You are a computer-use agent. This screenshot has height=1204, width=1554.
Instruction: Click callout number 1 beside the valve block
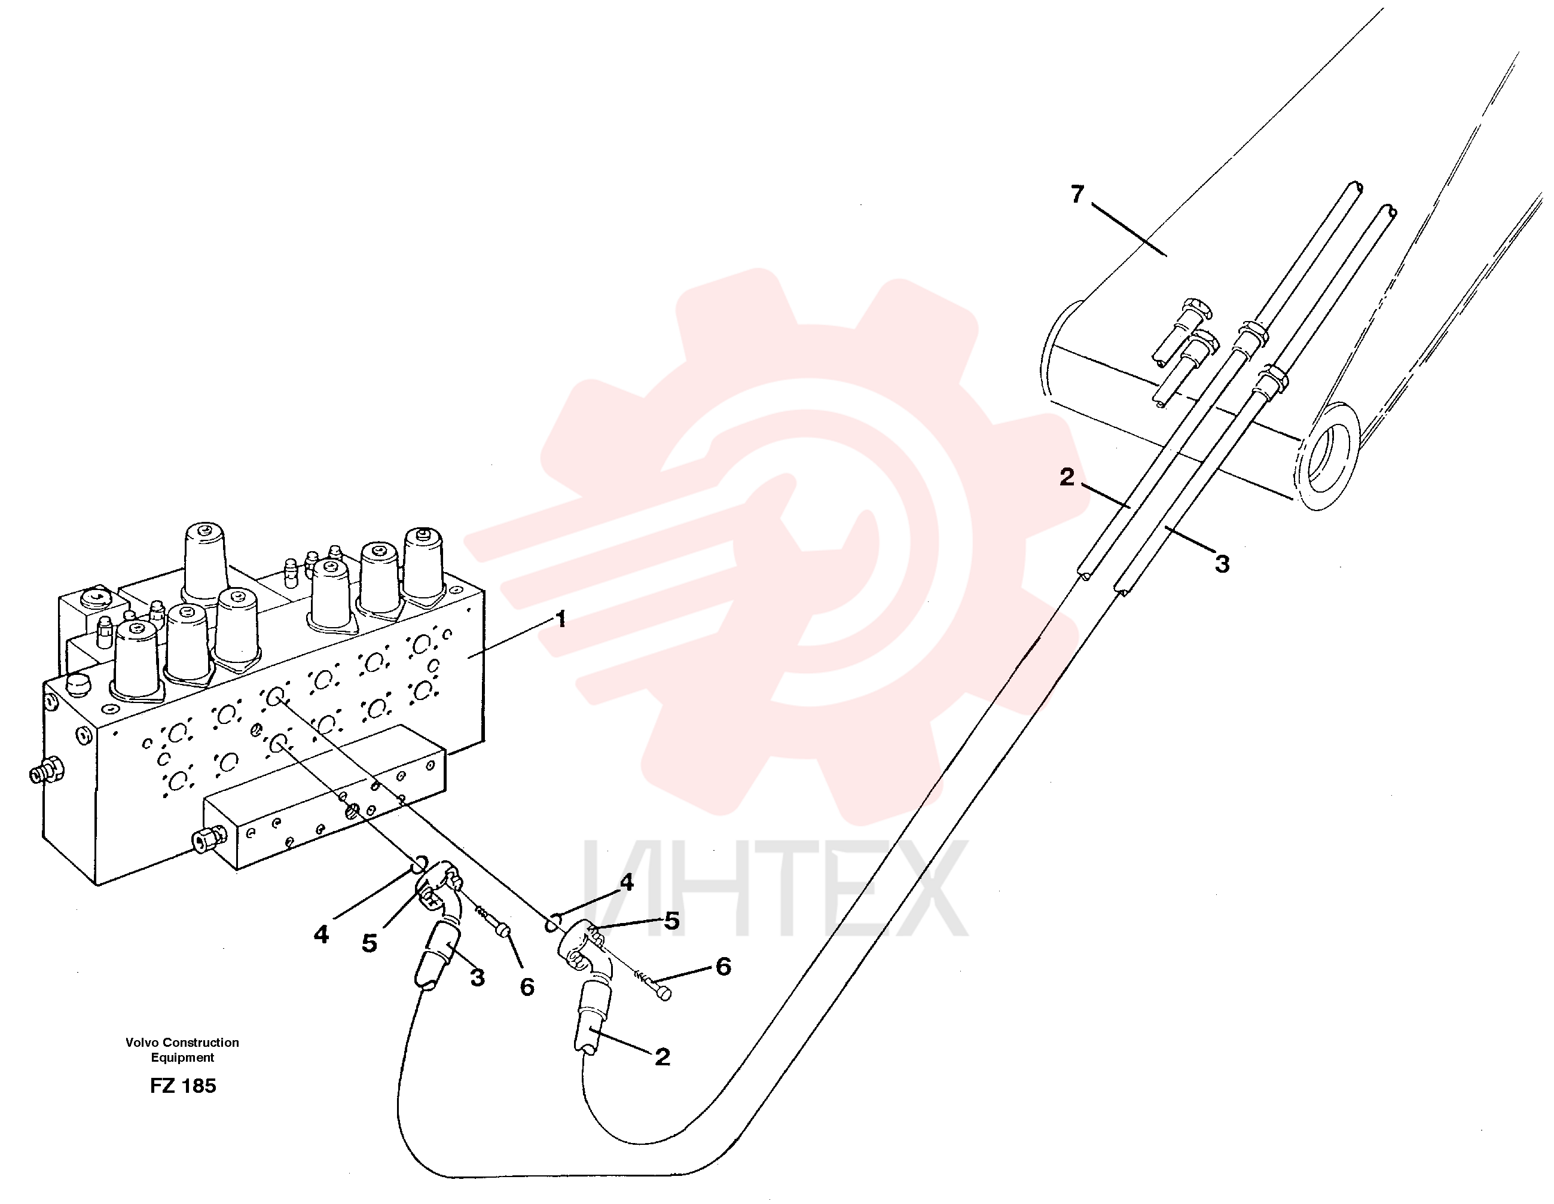click(x=561, y=619)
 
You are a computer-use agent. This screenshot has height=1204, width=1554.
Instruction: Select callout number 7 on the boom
click(x=1078, y=194)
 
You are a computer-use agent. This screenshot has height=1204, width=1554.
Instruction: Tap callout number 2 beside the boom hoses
click(x=1067, y=477)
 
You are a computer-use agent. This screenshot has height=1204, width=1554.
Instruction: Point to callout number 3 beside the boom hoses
click(x=1222, y=564)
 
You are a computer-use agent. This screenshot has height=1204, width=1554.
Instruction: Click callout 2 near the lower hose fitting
click(x=662, y=1057)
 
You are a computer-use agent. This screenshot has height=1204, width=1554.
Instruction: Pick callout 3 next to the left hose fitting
click(x=478, y=977)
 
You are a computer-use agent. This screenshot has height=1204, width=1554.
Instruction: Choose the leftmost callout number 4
click(x=322, y=934)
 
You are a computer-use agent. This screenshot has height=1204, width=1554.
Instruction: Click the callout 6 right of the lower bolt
click(x=723, y=966)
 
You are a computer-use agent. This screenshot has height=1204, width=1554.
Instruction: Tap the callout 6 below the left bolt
click(x=527, y=987)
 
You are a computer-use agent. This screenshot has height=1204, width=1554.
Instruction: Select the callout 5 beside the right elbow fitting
click(x=671, y=921)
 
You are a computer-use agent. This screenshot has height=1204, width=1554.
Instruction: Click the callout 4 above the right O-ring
click(x=627, y=882)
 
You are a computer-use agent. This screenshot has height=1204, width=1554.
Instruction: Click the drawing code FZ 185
click(x=183, y=1086)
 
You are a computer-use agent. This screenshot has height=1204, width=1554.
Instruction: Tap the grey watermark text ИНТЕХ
click(x=776, y=890)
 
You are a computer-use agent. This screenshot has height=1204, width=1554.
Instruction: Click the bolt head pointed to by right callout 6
click(x=662, y=992)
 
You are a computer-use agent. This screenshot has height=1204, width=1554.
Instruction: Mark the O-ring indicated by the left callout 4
click(x=420, y=865)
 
